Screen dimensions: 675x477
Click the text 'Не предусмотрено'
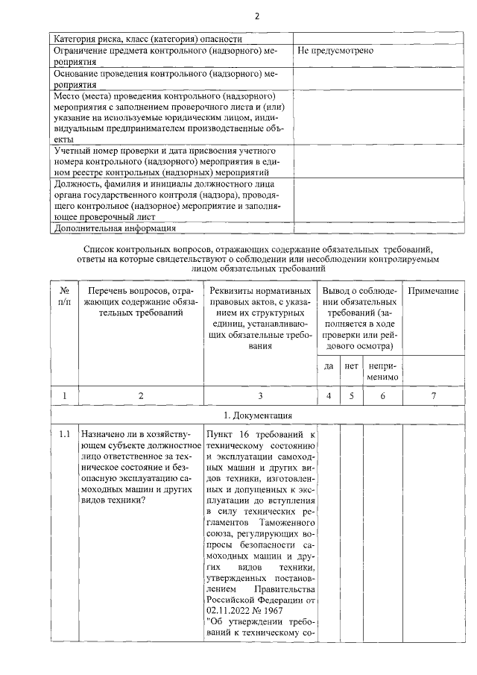pos(335,51)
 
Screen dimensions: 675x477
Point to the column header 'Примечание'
pos(433,290)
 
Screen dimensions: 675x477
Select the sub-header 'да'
pos(329,366)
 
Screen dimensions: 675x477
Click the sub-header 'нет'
pos(351,366)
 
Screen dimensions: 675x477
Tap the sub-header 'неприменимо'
pos(382,371)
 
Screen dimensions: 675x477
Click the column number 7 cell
pos(433,395)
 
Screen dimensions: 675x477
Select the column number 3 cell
pos(259,395)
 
